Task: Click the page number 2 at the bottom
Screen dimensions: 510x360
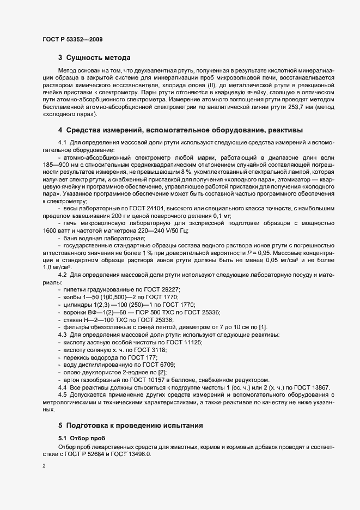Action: [x=44, y=466]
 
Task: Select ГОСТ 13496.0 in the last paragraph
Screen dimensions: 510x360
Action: [x=133, y=454]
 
